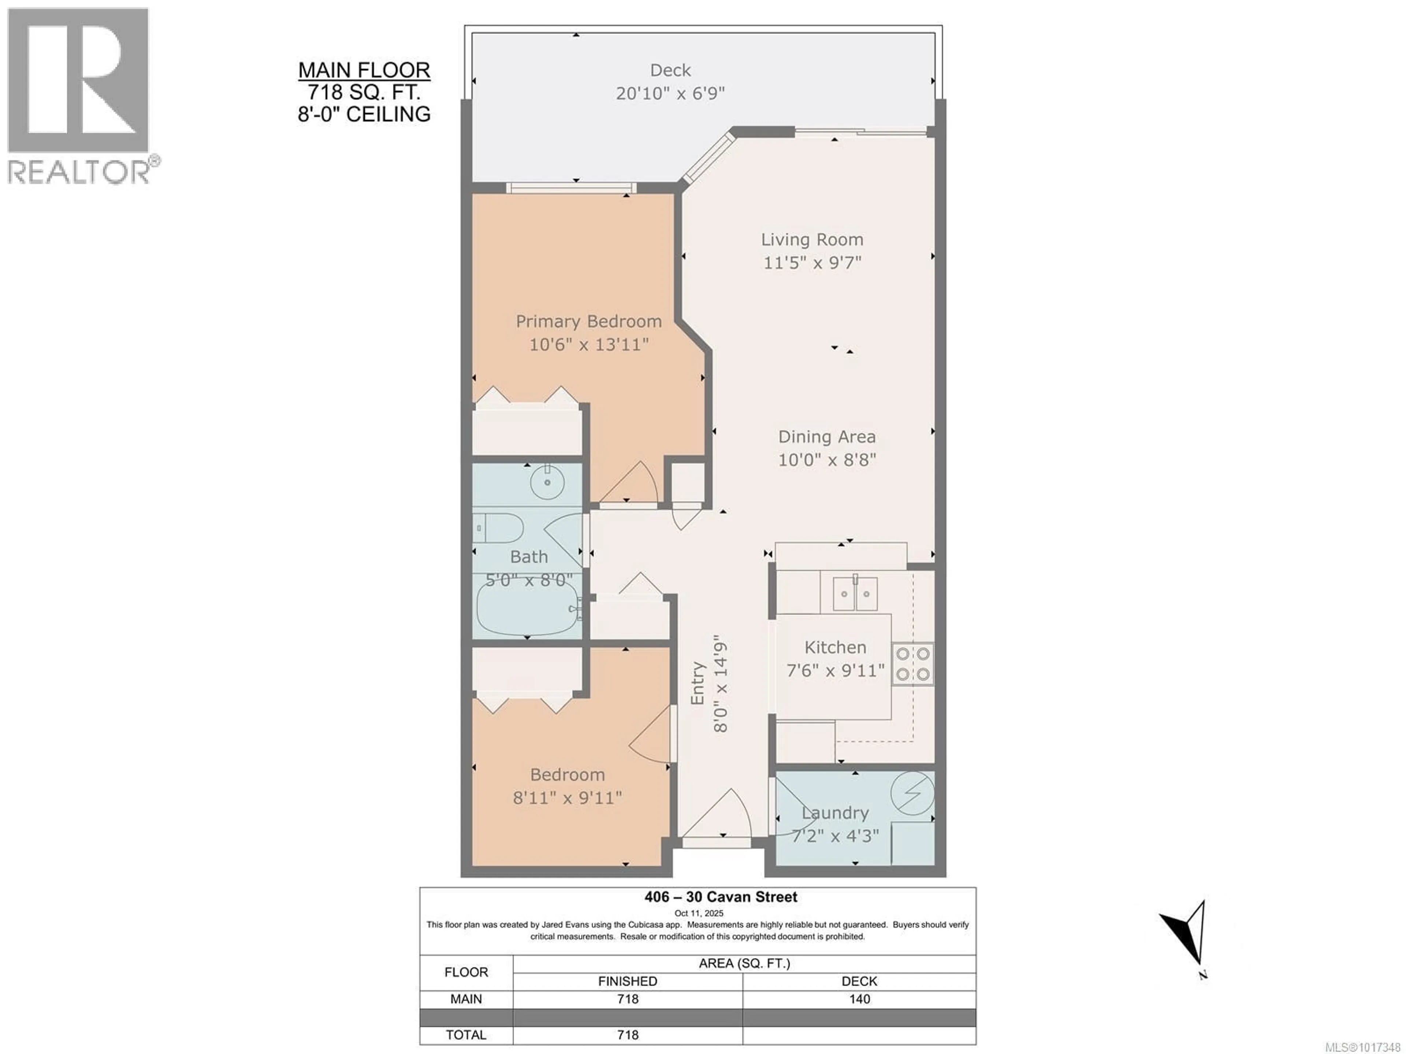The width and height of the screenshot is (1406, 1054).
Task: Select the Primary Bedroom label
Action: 589,322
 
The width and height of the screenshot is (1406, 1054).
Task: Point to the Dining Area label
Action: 827,437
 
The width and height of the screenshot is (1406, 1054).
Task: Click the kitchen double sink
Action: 855,594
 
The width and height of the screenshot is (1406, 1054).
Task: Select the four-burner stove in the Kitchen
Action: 913,664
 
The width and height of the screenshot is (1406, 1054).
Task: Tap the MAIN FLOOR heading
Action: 364,70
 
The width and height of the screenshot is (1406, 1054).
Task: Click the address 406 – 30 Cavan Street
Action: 721,897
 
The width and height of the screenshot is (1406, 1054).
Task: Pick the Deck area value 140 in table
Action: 859,999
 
